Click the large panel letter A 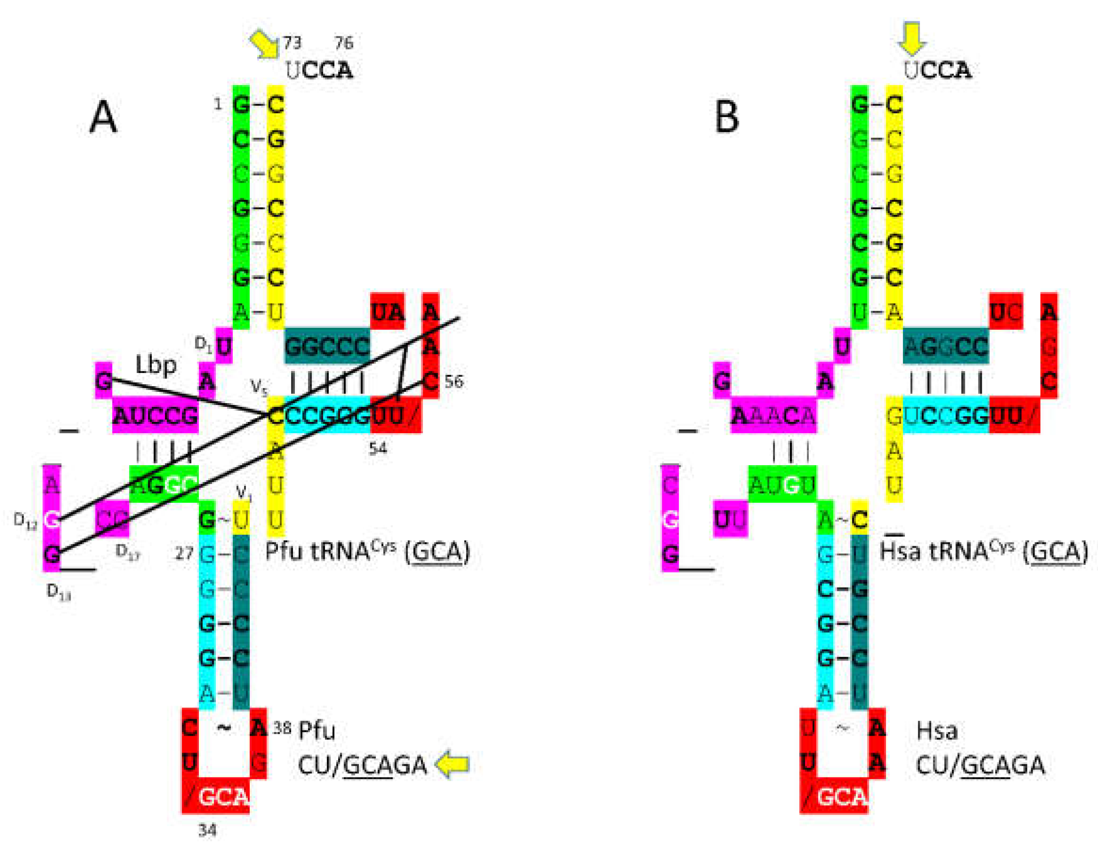103,117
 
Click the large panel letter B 727,117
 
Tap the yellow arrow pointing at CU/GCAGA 452,764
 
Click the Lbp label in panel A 156,365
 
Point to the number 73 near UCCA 292,43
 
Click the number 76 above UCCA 344,43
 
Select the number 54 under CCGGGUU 378,448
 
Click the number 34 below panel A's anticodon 207,830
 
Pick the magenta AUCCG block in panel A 155,415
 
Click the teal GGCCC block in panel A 327,347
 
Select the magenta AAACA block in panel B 773,415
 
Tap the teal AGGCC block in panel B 946,347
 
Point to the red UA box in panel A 387,312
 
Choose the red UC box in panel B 1005,312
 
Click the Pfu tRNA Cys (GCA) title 367,552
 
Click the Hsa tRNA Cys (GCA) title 983,552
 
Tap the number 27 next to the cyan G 184,554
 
